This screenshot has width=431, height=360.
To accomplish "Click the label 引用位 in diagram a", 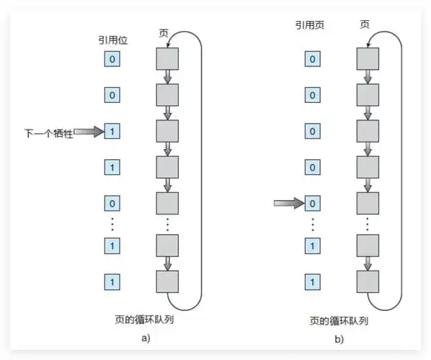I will (x=112, y=41).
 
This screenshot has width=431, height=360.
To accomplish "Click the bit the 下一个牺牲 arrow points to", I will (x=112, y=132).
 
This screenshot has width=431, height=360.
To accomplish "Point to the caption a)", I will (x=144, y=337).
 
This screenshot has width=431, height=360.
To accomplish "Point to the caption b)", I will (x=338, y=338).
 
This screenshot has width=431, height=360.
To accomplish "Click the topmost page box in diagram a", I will (x=167, y=58).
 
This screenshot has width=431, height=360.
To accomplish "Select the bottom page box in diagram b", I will (x=368, y=280).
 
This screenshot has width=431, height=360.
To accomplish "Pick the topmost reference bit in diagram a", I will (x=112, y=58).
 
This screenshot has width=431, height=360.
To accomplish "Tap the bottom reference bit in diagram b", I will (x=312, y=280).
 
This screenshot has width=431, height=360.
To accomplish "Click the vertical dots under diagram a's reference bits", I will (x=112, y=224).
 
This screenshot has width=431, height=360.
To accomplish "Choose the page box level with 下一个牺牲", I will (x=167, y=132).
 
